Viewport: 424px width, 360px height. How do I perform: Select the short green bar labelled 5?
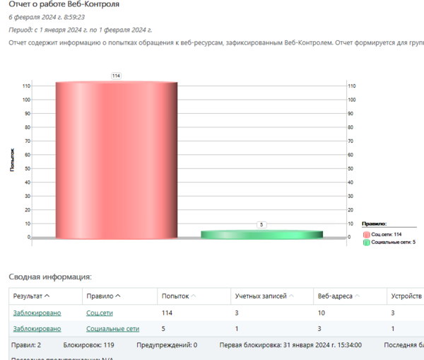tap(261, 234)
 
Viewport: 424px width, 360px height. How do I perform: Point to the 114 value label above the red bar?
tap(116, 75)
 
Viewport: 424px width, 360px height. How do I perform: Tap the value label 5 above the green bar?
tap(261, 224)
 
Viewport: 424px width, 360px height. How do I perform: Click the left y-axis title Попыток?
tap(13, 161)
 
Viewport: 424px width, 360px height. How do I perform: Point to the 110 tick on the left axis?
tap(25, 86)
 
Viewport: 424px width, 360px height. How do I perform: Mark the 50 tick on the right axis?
tap(351, 168)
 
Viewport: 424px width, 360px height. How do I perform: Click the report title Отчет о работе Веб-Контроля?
tap(64, 4)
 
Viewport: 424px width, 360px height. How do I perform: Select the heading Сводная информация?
tap(50, 277)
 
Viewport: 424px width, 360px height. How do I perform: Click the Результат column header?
tap(32, 296)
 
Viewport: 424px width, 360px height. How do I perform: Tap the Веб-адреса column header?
tap(336, 296)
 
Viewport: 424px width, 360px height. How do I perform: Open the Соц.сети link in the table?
tap(100, 313)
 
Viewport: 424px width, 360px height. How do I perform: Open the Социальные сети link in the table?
tap(112, 328)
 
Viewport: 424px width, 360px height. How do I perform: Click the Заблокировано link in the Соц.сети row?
tap(37, 313)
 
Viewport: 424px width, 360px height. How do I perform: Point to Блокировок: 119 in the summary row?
tap(88, 346)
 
